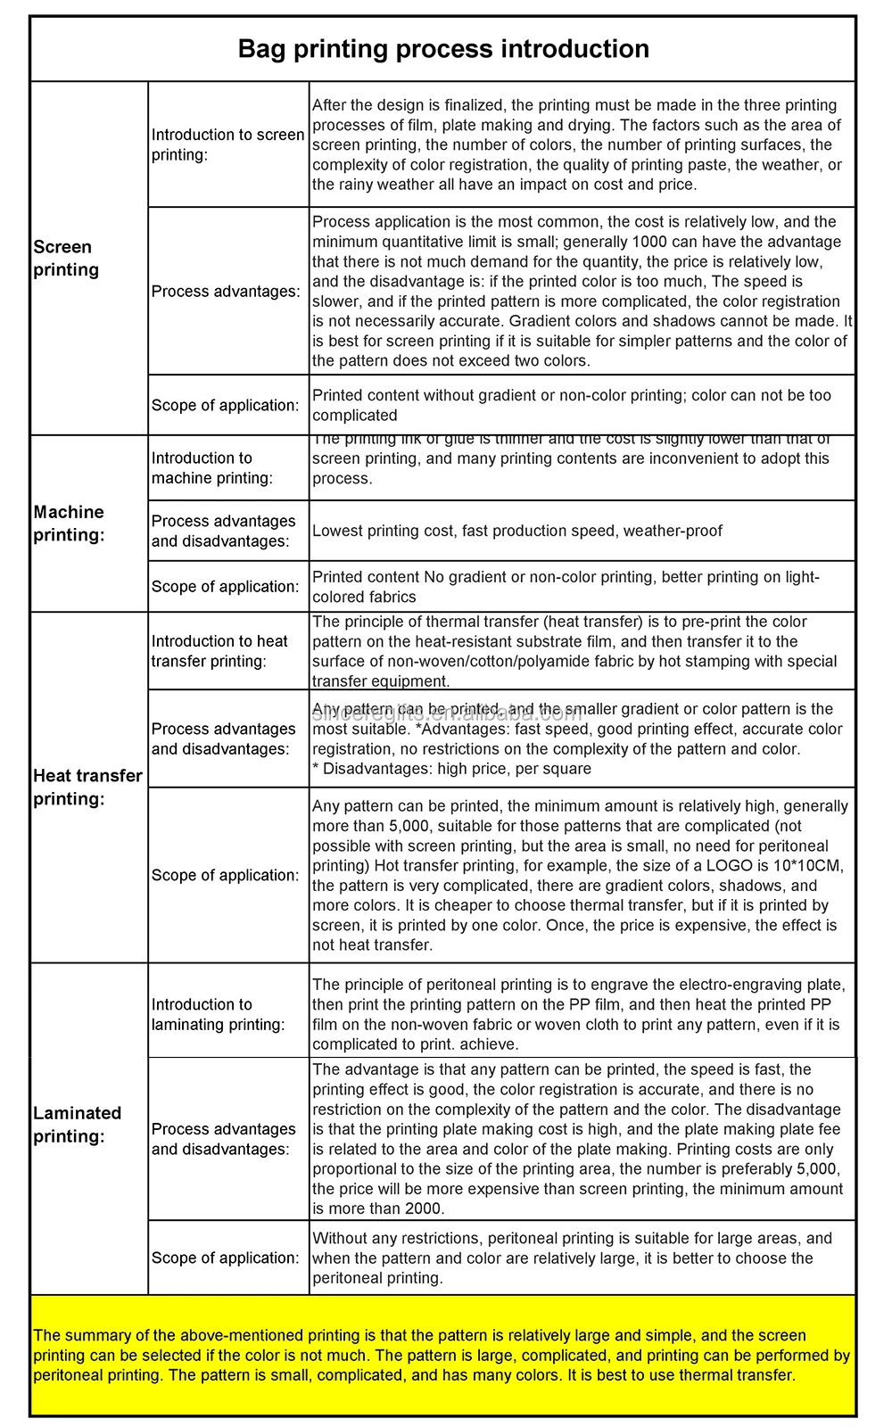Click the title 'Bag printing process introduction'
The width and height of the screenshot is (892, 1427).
[x=443, y=49]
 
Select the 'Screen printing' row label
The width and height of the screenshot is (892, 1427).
[x=66, y=258]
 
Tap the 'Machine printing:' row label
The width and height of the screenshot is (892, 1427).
[x=69, y=524]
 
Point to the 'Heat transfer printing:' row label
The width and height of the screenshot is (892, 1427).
[x=87, y=787]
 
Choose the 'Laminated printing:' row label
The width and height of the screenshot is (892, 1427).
[x=77, y=1124]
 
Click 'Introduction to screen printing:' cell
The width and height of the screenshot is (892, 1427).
[x=227, y=144]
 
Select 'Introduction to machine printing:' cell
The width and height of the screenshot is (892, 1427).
[x=211, y=468]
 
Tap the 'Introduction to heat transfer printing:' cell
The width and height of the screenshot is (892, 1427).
[x=219, y=651]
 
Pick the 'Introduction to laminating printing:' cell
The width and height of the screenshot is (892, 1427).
[x=218, y=1014]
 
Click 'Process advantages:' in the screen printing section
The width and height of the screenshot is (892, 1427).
[x=226, y=292]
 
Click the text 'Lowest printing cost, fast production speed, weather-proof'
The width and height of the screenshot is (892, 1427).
[x=517, y=531]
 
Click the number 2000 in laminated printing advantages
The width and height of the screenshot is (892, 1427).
[x=423, y=1208]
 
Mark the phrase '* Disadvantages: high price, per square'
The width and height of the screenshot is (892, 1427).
[x=451, y=769]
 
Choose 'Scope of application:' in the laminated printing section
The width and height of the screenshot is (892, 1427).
[x=225, y=1258]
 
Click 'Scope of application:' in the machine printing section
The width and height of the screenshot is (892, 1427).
[x=225, y=586]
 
